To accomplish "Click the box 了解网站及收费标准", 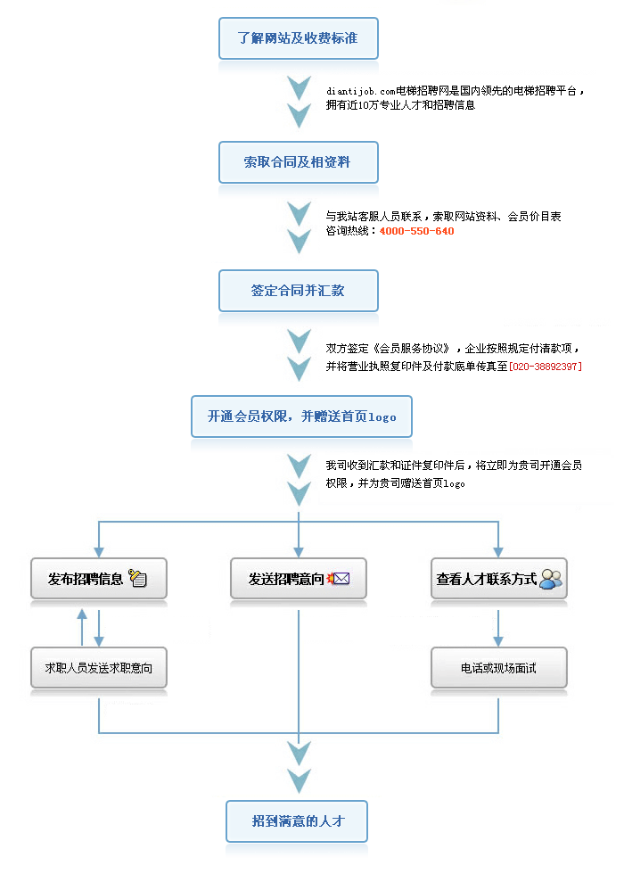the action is [x=299, y=37].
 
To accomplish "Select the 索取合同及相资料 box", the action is [x=299, y=162].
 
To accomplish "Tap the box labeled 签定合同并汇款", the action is [x=299, y=291].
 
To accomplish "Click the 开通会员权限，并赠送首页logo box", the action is [x=301, y=416].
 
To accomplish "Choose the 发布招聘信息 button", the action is [x=99, y=579].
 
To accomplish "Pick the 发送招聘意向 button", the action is [x=299, y=579].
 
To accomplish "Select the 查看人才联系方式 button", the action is [x=499, y=579].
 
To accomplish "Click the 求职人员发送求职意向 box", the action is [x=99, y=667].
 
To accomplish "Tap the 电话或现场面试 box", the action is [x=499, y=667].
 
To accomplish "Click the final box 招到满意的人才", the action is [x=297, y=821].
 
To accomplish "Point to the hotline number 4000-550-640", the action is [x=417, y=231].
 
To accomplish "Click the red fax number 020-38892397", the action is [x=546, y=367].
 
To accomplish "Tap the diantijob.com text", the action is [x=360, y=91].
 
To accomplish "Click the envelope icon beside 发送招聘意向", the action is [x=339, y=579].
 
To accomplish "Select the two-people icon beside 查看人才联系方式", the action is [x=551, y=579].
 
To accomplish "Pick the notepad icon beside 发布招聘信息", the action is [x=137, y=578].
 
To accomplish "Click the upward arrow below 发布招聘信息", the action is [x=82, y=627].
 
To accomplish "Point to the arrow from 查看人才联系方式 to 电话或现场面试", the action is [x=498, y=628].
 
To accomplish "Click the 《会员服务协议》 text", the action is [x=411, y=349].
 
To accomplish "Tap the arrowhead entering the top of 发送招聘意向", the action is [x=299, y=552].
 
